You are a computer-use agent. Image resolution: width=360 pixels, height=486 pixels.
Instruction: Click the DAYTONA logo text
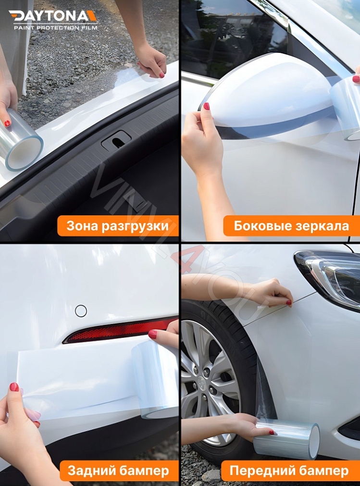pos(53,16)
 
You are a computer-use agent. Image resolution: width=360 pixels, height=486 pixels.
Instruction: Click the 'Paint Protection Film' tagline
pos(55,28)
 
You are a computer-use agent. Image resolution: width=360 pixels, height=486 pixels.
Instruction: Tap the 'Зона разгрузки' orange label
pos(118,226)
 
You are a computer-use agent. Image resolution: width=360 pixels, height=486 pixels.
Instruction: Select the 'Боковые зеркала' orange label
pos(291,226)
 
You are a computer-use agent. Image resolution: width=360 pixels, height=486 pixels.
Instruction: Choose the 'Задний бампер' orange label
pos(118,471)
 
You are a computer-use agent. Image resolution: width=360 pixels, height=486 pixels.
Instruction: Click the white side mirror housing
pos(269,91)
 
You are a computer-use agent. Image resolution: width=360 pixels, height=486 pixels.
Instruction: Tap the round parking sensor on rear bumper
pos(81,311)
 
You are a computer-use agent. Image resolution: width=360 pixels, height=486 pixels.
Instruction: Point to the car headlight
pos(332,276)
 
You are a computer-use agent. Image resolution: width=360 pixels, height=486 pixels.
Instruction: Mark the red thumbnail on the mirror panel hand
pos(206,106)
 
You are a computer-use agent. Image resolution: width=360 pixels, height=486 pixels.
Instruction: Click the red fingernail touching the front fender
pos(289,302)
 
